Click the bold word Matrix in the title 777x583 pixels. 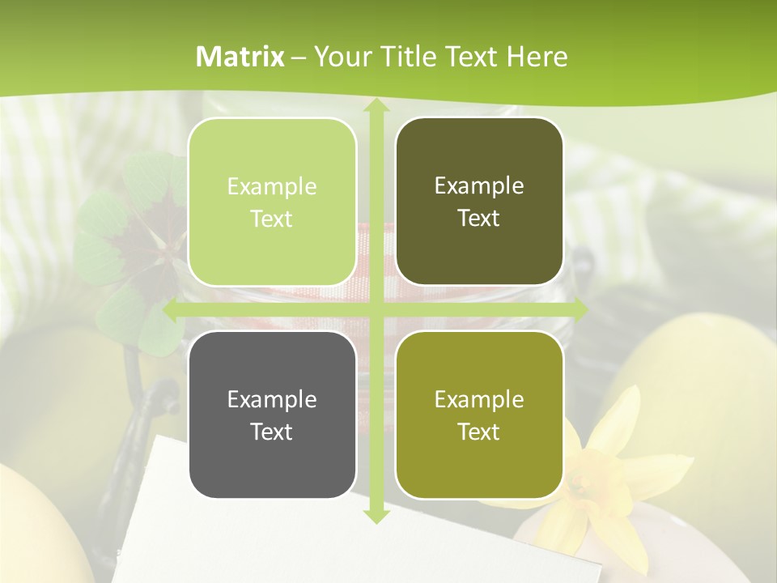point(240,57)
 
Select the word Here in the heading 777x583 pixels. point(537,57)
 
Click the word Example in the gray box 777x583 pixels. point(272,399)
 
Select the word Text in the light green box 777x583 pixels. point(272,219)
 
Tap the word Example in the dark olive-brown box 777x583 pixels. point(479,185)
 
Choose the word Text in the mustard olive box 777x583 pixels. point(479,432)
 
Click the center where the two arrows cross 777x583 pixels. point(376,309)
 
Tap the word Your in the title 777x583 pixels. point(338,57)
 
